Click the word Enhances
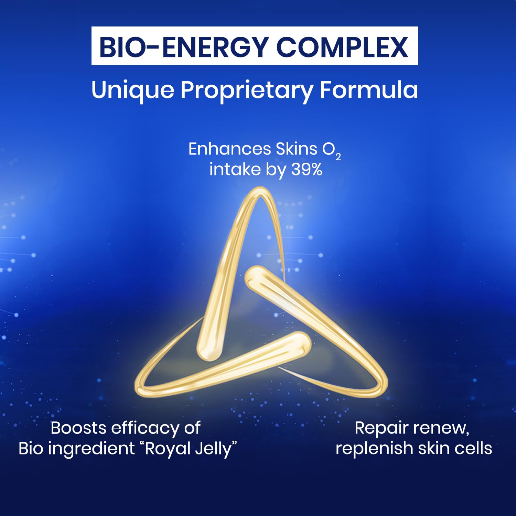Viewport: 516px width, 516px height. tap(230, 149)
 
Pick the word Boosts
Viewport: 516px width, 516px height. tap(78, 428)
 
